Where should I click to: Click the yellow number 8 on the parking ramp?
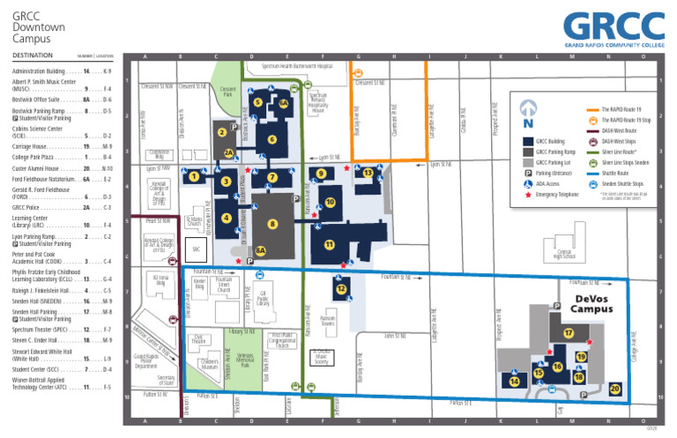click(273, 224)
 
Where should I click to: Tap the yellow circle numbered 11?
click(329, 243)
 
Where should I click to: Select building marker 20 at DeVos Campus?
click(615, 388)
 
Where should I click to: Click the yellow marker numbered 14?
click(514, 381)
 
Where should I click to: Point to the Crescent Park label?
click(227, 92)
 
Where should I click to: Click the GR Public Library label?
click(263, 299)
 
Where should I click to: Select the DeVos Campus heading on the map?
click(591, 304)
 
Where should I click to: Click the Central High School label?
click(552, 255)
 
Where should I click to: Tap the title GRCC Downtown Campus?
click(39, 27)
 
